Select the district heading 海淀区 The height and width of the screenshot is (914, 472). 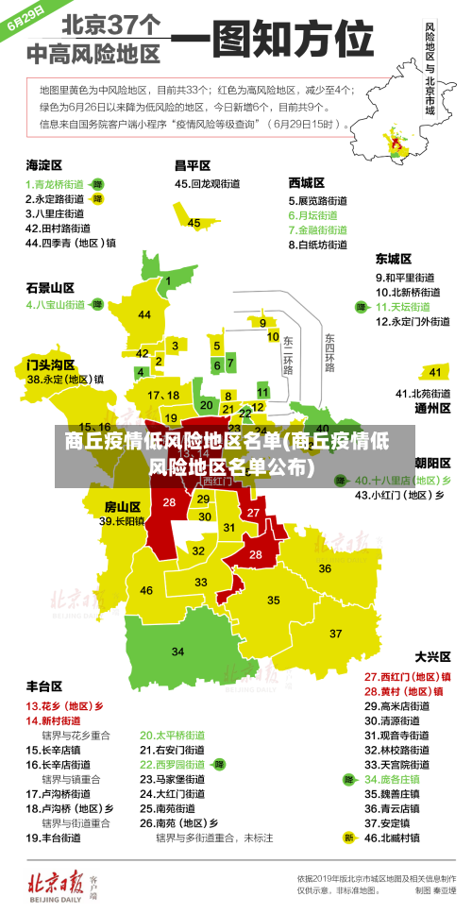point(44,164)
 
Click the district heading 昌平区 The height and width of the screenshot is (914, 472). point(193,164)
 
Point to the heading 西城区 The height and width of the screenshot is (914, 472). point(307,181)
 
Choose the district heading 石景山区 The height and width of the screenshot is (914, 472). point(50,287)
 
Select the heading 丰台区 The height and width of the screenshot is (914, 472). point(44,685)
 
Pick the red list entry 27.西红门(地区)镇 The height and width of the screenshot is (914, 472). point(407,676)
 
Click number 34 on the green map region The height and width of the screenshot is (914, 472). point(177,652)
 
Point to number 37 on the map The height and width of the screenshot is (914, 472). point(335,633)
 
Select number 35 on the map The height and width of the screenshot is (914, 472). point(274,600)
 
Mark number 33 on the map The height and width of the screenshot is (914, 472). point(201,583)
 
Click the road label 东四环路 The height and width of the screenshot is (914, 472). point(329,351)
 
